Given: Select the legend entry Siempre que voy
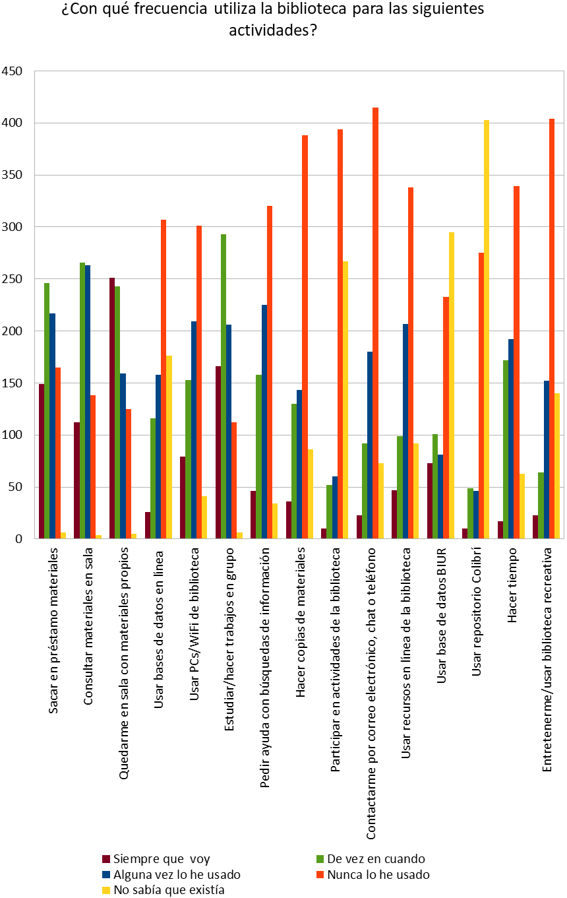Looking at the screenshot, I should coord(162,858).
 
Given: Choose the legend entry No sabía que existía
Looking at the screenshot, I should coord(169,890).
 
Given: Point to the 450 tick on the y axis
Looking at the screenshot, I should coord(13,71).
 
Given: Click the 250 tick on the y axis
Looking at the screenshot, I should coord(13,279).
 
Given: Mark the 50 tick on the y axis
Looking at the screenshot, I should coord(16,487).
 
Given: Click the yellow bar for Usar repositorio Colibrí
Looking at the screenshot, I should coord(487,330).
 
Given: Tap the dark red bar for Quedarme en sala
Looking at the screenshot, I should coord(112,408).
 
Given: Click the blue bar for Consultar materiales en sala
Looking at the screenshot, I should coord(88,402).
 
